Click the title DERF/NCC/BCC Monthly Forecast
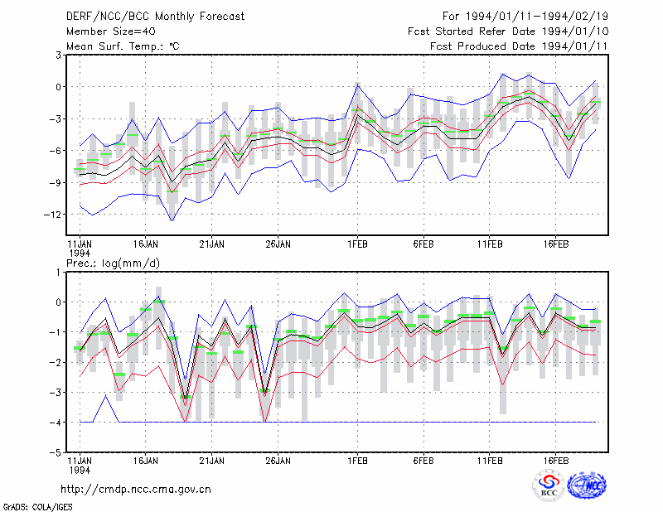click(155, 17)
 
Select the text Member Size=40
click(111, 31)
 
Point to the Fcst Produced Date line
click(519, 46)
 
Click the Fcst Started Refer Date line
click(508, 31)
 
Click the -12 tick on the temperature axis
click(53, 215)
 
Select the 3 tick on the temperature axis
click(58, 56)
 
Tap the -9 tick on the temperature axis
click(56, 182)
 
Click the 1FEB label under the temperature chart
click(357, 244)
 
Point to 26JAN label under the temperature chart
click(278, 244)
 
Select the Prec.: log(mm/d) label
click(113, 263)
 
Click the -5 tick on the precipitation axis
click(56, 452)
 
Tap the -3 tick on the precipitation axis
click(56, 393)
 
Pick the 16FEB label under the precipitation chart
click(555, 461)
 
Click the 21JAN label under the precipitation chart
click(212, 461)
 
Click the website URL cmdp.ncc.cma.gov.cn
click(136, 490)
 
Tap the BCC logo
click(549, 485)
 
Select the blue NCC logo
click(587, 485)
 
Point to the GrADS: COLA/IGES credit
click(38, 507)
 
